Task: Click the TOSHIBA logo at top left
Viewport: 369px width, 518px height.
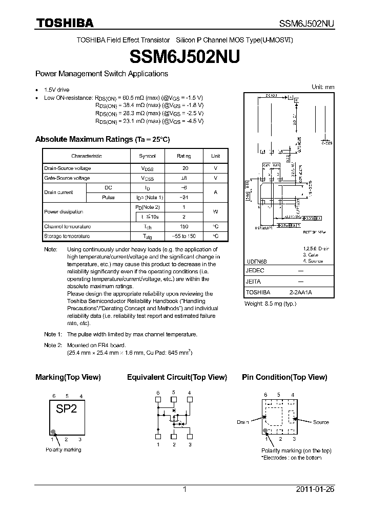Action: pos(64,23)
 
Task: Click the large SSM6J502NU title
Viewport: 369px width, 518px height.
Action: pos(184,56)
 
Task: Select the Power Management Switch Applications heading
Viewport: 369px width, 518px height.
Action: pos(101,74)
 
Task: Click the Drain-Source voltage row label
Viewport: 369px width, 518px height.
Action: pos(68,168)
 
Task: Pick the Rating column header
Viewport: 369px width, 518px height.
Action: pos(183,156)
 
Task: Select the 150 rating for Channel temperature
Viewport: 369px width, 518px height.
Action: pos(183,226)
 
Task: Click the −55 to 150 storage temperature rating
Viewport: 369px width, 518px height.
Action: pos(183,236)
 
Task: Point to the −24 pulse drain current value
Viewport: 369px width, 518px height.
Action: pos(183,197)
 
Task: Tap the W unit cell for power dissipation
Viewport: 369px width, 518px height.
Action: pos(215,211)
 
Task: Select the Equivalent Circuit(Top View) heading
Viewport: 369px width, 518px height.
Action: pos(177,377)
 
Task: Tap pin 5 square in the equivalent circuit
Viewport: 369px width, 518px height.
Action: pos(174,400)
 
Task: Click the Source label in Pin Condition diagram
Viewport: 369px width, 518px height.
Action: pos(321,422)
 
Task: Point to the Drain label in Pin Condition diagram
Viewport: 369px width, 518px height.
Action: pos(242,422)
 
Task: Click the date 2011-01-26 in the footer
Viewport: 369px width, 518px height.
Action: pos(315,489)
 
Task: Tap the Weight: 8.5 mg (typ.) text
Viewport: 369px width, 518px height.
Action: pos(270,304)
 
